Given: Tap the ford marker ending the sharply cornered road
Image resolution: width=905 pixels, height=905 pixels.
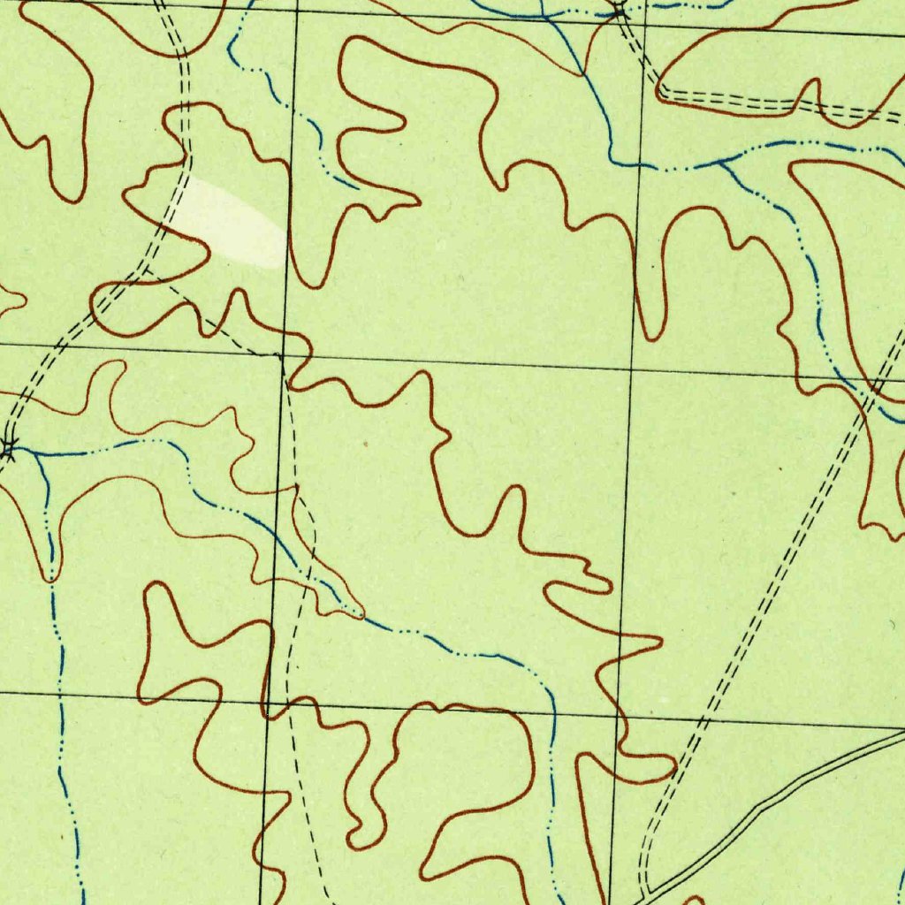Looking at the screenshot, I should point(619,11).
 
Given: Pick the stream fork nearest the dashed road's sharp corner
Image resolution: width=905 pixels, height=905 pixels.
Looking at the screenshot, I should point(721,162).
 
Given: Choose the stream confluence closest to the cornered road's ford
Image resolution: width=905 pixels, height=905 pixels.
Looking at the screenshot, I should point(548,16).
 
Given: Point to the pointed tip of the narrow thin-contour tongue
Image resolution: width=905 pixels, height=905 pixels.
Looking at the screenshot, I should point(361,614).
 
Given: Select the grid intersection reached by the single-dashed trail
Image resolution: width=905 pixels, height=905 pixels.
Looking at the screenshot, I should point(281,357).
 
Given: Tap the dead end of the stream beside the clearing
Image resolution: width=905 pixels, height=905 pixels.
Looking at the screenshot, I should point(357,187).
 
